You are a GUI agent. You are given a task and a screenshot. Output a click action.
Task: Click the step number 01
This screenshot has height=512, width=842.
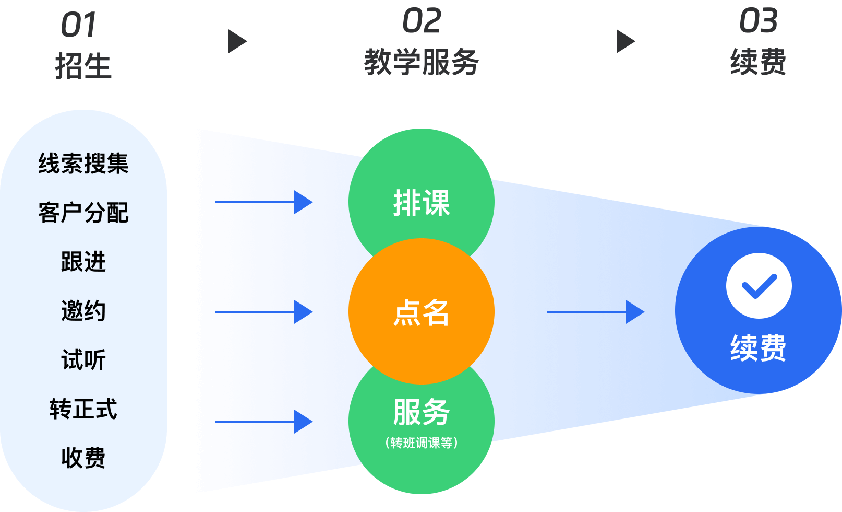pos(79,25)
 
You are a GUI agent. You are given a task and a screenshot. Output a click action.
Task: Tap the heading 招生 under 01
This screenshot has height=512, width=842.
pos(83,66)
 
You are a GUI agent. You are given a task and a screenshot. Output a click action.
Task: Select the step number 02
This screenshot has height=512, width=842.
pos(422,21)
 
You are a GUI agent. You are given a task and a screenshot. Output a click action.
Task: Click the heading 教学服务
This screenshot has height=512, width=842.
pos(421,62)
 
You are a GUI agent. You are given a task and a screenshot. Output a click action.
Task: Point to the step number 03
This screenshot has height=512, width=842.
pos(758,21)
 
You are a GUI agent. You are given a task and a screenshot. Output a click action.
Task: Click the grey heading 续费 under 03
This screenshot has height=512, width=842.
pos(758,62)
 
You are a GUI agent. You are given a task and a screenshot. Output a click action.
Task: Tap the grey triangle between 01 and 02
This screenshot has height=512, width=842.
pos(237,42)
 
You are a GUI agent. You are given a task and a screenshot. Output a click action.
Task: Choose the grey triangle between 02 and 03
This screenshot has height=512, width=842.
pos(626,42)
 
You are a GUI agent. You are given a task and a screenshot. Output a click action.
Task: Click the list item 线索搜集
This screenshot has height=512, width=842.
pos(83,164)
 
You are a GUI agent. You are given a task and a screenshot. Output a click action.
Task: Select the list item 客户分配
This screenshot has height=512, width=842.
pos(83,213)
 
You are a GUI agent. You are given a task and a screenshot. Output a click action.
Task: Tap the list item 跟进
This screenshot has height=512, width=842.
pos(83,262)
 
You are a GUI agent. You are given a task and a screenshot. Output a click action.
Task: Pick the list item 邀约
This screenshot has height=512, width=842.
pos(83,311)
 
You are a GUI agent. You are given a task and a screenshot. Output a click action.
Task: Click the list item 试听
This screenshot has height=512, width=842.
pos(83,360)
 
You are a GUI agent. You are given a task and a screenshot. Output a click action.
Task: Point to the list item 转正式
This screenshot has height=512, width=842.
pos(83,409)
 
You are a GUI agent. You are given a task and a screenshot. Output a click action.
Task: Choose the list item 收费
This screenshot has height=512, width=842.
pos(83,458)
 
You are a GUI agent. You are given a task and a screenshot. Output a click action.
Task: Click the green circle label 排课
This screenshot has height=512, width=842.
pos(422,203)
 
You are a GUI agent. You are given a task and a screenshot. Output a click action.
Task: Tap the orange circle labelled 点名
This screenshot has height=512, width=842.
pos(422,312)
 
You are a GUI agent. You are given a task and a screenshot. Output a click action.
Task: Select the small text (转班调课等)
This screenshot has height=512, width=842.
pos(422,443)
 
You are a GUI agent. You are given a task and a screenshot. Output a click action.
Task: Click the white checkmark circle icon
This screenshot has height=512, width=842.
pos(759,286)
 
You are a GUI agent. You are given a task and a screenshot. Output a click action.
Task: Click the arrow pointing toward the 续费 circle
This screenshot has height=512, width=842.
pos(595,312)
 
